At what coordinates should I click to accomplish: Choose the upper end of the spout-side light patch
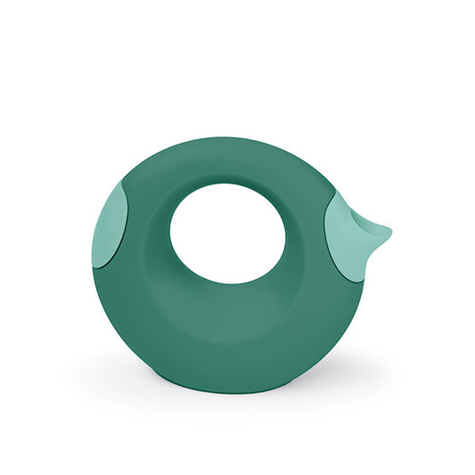tap(336, 196)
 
